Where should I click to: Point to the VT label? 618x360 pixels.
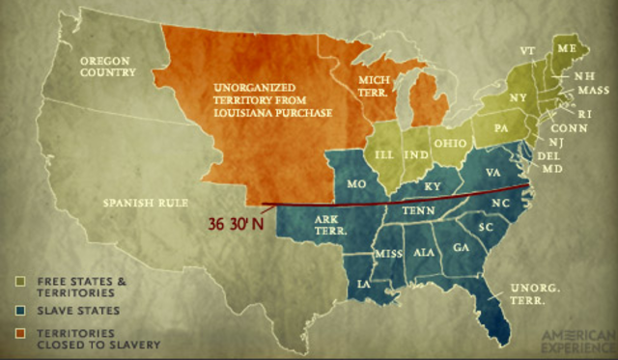pos(526,49)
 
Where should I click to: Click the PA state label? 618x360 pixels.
pos(501,125)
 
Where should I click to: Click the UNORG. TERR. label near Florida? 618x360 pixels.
pos(529,293)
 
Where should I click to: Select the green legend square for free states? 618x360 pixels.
pos(19,280)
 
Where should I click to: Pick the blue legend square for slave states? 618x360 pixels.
pos(19,310)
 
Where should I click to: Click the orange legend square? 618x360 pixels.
pos(19,331)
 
